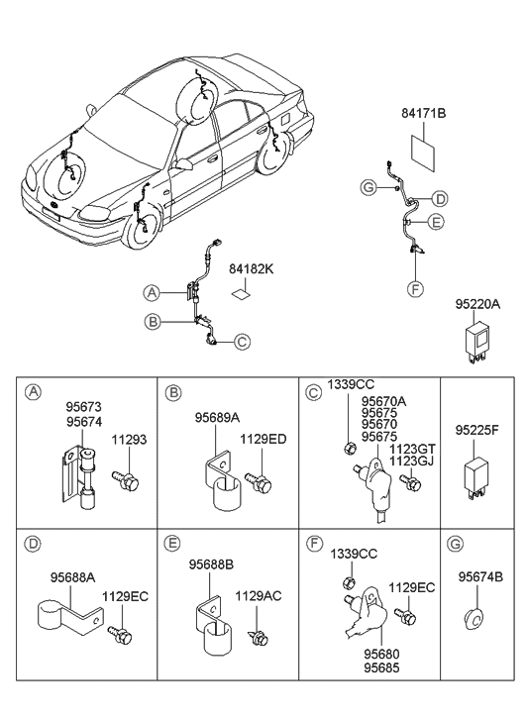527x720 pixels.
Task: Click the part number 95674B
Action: (480, 576)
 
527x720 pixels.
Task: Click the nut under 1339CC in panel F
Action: (349, 581)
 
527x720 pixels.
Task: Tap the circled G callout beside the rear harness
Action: (368, 187)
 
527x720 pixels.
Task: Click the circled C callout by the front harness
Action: (241, 343)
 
